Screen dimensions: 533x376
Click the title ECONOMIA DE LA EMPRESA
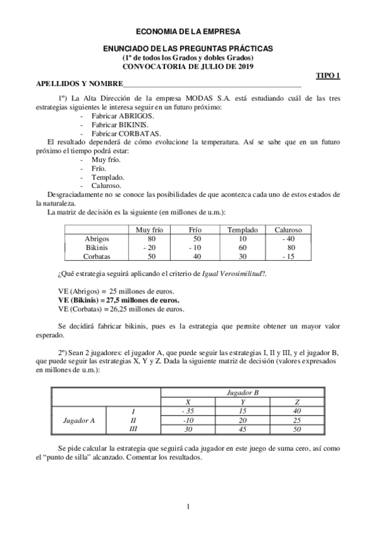188,30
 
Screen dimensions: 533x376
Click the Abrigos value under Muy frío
151,239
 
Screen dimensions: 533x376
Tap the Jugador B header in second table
242,393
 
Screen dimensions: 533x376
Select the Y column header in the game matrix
242,402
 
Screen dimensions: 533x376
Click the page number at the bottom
188,506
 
